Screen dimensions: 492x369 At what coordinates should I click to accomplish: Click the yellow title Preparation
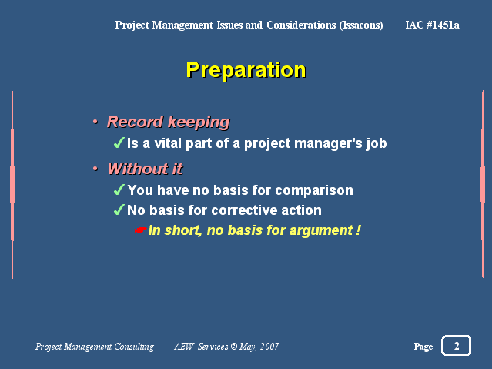(246, 70)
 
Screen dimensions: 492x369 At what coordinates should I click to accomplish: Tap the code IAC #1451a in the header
(432, 25)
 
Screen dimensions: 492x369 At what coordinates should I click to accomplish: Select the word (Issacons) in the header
(361, 25)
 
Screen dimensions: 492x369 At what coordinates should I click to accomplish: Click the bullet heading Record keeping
(169, 122)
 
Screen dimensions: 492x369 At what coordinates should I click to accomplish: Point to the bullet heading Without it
(145, 169)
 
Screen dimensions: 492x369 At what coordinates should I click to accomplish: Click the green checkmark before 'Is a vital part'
(119, 143)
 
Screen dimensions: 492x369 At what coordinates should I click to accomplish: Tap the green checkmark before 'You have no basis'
(119, 190)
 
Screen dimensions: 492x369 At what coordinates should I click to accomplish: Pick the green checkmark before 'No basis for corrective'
(119, 210)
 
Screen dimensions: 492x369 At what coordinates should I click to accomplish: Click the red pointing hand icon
(140, 230)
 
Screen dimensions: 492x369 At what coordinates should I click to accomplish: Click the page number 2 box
(457, 345)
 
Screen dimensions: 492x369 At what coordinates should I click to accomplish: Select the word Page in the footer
(423, 347)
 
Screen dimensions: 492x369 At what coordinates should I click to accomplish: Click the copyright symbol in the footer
(234, 347)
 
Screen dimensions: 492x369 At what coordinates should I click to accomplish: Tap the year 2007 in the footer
(269, 347)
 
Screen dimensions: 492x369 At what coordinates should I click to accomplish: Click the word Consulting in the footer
(134, 347)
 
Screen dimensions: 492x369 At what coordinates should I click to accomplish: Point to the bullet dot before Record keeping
(95, 122)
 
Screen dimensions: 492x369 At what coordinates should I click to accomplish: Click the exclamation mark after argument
(358, 230)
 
